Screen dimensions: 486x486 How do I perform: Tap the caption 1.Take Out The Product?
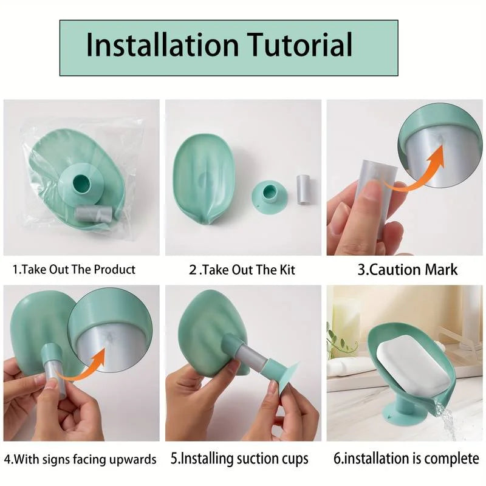pyautogui.click(x=74, y=269)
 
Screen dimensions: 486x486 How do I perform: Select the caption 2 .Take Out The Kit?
pyautogui.click(x=242, y=269)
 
